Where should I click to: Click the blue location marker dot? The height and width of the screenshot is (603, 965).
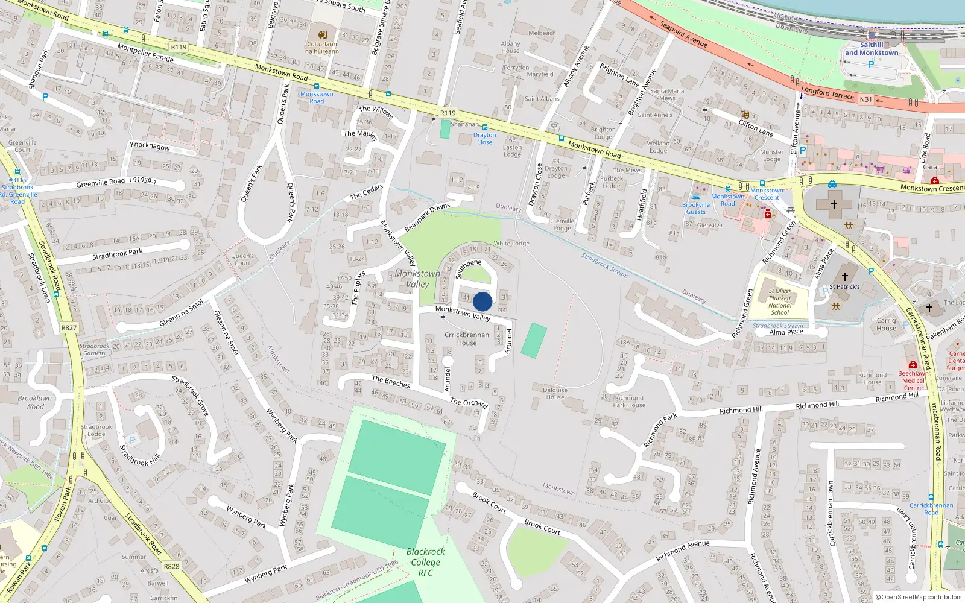pyautogui.click(x=482, y=301)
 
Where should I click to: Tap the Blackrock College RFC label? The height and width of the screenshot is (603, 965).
pyautogui.click(x=425, y=562)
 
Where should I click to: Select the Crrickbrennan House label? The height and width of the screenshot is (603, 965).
pyautogui.click(x=467, y=339)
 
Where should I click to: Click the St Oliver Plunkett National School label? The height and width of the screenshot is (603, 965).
pyautogui.click(x=780, y=301)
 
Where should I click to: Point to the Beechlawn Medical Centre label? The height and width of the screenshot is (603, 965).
pyautogui.click(x=913, y=380)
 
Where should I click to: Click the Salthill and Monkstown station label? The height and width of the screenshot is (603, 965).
pyautogui.click(x=872, y=49)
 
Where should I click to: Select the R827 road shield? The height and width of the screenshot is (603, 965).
pyautogui.click(x=69, y=328)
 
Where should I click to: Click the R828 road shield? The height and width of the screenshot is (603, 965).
pyautogui.click(x=171, y=567)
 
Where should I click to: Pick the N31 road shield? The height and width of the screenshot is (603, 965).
pyautogui.click(x=866, y=99)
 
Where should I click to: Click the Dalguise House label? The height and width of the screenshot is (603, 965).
pyautogui.click(x=555, y=393)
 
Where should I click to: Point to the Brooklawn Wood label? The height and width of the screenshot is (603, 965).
pyautogui.click(x=34, y=402)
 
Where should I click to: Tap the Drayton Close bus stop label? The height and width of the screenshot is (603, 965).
pyautogui.click(x=484, y=139)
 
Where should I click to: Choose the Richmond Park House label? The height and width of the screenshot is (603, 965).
pyautogui.click(x=629, y=402)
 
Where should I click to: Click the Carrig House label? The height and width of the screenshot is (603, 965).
pyautogui.click(x=886, y=324)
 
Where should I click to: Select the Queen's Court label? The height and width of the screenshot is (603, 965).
pyautogui.click(x=242, y=259)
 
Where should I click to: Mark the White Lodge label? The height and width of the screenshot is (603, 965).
pyautogui.click(x=511, y=244)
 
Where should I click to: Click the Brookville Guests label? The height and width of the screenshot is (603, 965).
pyautogui.click(x=696, y=209)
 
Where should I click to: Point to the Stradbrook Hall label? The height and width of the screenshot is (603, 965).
pyautogui.click(x=140, y=455)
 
